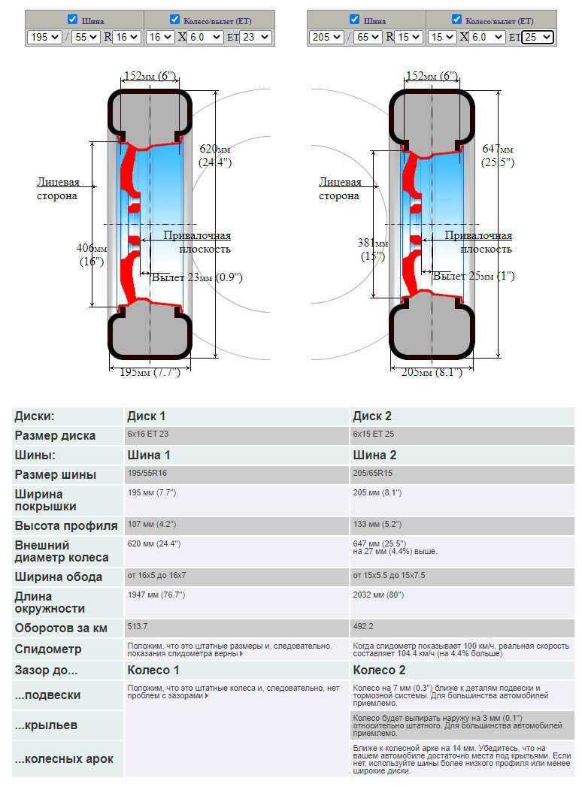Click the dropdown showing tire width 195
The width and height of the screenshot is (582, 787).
pos(44,37)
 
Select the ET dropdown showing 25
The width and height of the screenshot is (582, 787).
pos(538,37)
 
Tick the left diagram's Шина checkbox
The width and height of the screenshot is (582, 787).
pos(72,19)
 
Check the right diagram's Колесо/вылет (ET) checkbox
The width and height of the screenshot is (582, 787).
pos(456,19)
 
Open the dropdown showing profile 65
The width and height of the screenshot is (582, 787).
pos(368,37)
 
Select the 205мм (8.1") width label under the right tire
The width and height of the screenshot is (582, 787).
pos(432,372)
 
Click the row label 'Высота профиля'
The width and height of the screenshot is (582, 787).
pos(66,525)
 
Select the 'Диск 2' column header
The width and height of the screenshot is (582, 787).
pos(372,416)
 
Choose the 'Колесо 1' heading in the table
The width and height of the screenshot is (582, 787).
pos(153,670)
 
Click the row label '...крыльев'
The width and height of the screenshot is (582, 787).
pos(46,725)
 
